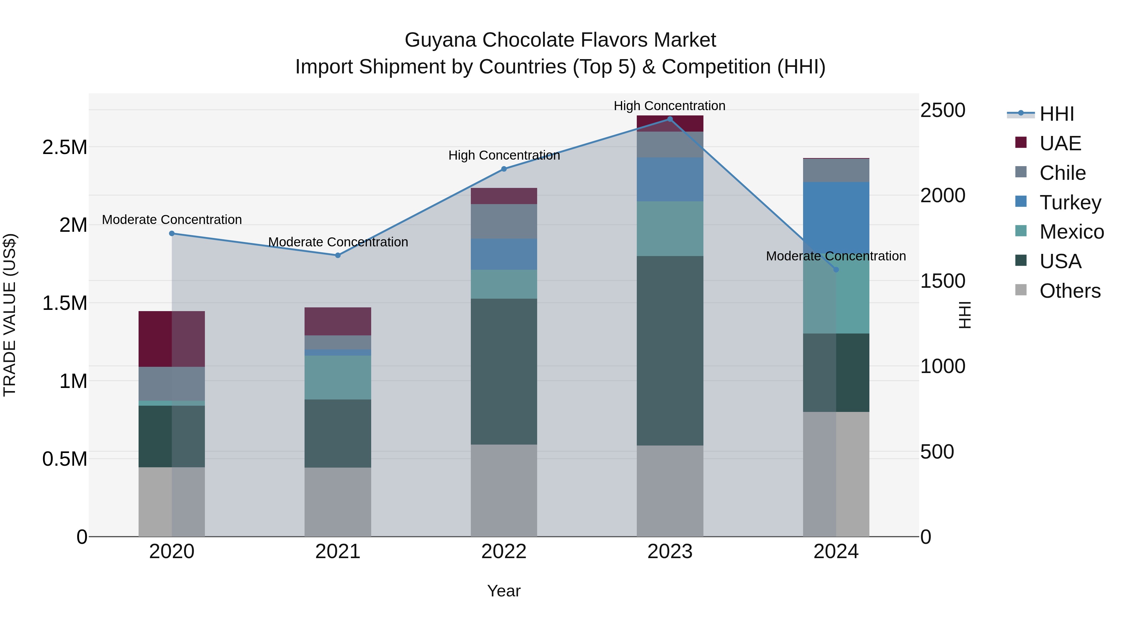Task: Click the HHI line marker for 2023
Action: pyautogui.click(x=670, y=119)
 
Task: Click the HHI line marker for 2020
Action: pyautogui.click(x=172, y=233)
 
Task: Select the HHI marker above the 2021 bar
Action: pyautogui.click(x=338, y=255)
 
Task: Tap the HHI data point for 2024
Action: pyautogui.click(x=836, y=269)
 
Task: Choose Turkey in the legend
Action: pyautogui.click(x=1070, y=203)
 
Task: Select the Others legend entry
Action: pyautogui.click(x=1070, y=291)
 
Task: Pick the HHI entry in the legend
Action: pyautogui.click(x=1057, y=114)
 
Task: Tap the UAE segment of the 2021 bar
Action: pyautogui.click(x=338, y=321)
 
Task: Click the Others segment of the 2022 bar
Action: pyautogui.click(x=504, y=490)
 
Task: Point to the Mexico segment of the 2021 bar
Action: pyautogui.click(x=338, y=377)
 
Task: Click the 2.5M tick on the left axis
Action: pyautogui.click(x=64, y=147)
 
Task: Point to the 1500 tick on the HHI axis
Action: pyautogui.click(x=943, y=281)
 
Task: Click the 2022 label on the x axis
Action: pyautogui.click(x=504, y=552)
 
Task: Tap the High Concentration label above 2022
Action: pyautogui.click(x=504, y=155)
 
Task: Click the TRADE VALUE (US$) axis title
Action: pyautogui.click(x=10, y=315)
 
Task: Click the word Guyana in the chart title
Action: pyautogui.click(x=440, y=40)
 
